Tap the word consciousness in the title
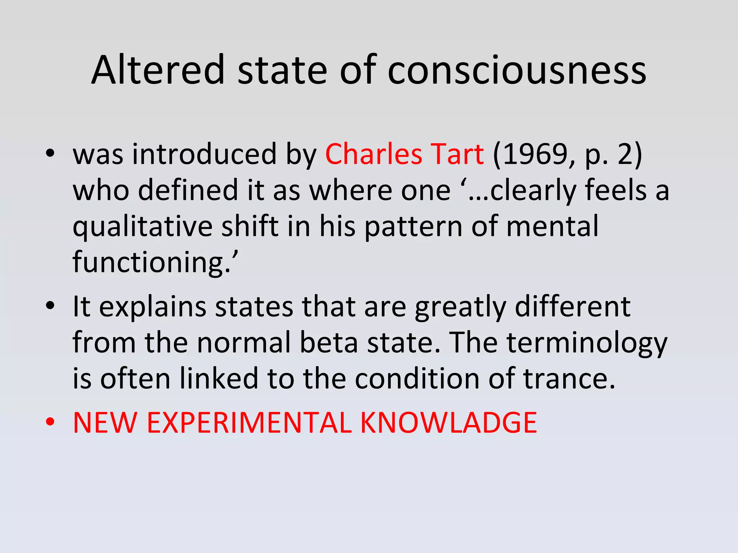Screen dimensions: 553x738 pos(517,71)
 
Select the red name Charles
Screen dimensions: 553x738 pos(373,154)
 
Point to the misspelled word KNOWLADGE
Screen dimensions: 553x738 pos(448,423)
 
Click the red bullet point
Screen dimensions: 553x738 pos(50,422)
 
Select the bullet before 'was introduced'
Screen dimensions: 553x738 pos(50,154)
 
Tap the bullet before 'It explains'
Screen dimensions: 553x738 pos(50,306)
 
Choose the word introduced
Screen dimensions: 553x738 pos(205,154)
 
